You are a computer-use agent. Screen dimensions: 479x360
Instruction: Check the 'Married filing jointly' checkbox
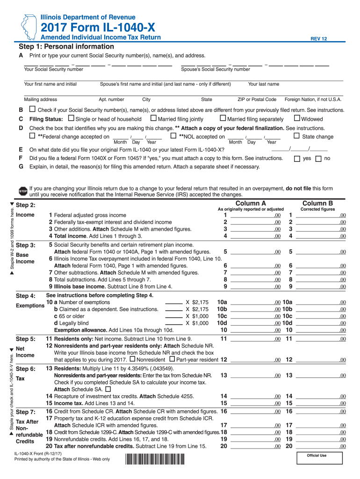click(x=154, y=119)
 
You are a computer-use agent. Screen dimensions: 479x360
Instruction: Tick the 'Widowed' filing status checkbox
click(x=297, y=119)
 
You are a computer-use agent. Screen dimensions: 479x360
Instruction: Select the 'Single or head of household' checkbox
click(x=71, y=119)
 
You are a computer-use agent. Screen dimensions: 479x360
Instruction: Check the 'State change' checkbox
click(x=296, y=136)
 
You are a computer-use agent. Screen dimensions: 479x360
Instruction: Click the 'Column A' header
click(x=251, y=203)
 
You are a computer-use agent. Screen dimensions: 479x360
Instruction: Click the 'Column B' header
click(x=317, y=203)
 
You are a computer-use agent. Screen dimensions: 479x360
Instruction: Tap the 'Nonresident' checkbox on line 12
click(x=132, y=359)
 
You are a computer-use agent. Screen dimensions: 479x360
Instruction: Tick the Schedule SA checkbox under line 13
click(x=108, y=389)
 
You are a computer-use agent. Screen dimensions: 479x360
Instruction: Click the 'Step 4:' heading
click(x=26, y=296)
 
